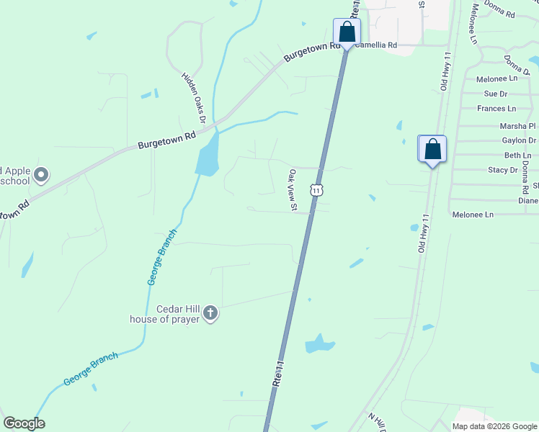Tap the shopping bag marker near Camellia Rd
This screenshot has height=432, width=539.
[x=347, y=32]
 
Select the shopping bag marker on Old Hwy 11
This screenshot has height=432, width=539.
[x=432, y=150]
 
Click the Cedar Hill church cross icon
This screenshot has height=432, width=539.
[x=210, y=312]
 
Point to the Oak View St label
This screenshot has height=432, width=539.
[x=293, y=190]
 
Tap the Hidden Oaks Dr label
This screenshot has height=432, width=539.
[x=194, y=96]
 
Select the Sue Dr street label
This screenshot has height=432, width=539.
[x=496, y=94]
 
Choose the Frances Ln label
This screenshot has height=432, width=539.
[x=496, y=109]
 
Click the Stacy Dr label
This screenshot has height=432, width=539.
[x=503, y=170]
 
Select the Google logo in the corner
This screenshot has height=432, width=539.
[x=24, y=423]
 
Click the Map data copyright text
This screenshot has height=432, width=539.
[x=495, y=426]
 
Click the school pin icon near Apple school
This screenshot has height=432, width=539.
[x=41, y=174]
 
